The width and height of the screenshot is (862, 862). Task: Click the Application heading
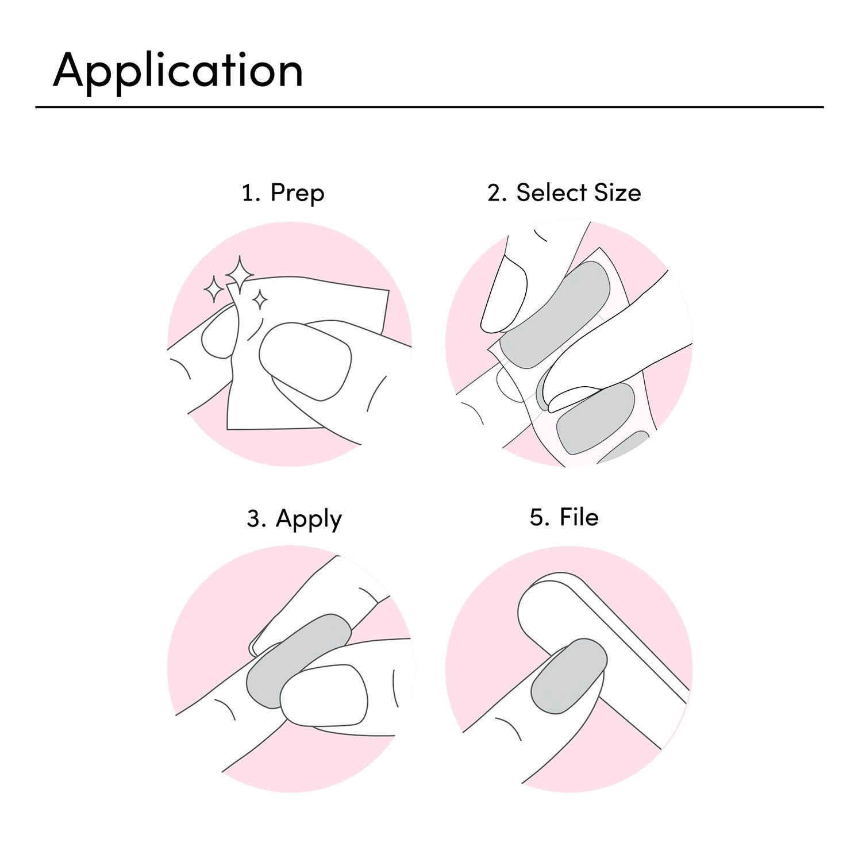[x=178, y=71]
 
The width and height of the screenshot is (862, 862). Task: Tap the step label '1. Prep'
[x=283, y=193]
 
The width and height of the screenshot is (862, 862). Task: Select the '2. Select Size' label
[x=564, y=193]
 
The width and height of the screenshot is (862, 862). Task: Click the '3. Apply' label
[x=294, y=519]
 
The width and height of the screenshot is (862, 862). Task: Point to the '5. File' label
[x=564, y=517]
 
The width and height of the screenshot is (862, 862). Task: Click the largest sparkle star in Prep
[x=240, y=274]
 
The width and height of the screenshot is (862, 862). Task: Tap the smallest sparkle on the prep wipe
[x=260, y=299]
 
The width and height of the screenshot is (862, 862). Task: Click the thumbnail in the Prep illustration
[x=305, y=361]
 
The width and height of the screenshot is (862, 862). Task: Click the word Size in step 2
[x=617, y=193]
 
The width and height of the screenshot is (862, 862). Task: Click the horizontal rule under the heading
[x=429, y=107]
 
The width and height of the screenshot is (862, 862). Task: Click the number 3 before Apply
[x=253, y=518]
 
